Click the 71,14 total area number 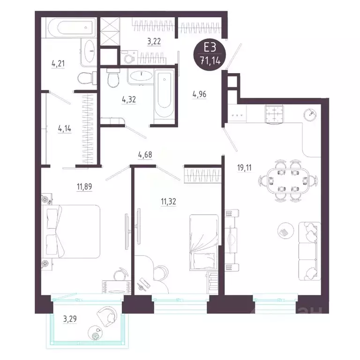tap(210, 61)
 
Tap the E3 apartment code tap(210, 48)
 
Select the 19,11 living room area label tap(244, 168)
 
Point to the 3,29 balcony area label tap(70, 319)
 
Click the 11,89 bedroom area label tap(84, 187)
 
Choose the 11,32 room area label tap(168, 202)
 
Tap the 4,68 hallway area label tap(145, 155)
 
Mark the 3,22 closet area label tap(154, 42)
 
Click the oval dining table tap(288, 180)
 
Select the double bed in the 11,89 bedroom tap(71, 231)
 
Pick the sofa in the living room tap(309, 251)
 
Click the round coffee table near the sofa tap(285, 231)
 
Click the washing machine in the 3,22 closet tap(129, 57)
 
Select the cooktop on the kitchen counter tap(274, 114)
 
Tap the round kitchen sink tap(310, 114)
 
